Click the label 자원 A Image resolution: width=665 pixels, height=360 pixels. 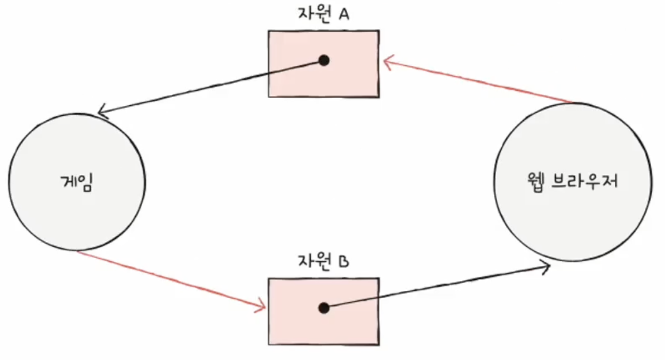point(323,14)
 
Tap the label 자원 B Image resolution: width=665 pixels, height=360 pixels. point(323,261)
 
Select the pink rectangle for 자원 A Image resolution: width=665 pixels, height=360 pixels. point(324,64)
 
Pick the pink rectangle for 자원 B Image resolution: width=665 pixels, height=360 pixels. point(324,311)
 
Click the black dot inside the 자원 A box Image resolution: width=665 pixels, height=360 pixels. point(324,60)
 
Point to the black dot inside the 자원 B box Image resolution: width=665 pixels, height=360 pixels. point(324,308)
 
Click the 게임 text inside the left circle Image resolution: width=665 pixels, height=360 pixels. point(76,182)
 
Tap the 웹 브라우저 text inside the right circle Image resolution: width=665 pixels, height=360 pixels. point(573,181)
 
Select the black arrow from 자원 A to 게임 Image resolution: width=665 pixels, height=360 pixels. point(211,87)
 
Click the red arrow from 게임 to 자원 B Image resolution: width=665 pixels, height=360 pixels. point(172,279)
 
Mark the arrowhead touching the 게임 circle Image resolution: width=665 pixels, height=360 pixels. point(102,113)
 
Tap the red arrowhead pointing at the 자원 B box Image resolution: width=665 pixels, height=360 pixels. point(261,307)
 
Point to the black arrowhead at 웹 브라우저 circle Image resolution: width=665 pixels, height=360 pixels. point(545,266)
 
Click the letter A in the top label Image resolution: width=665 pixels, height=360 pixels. point(344,14)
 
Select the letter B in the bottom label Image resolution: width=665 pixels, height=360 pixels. point(344,261)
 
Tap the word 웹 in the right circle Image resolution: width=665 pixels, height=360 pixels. point(535,182)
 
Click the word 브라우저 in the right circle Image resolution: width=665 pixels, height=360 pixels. point(585,181)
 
